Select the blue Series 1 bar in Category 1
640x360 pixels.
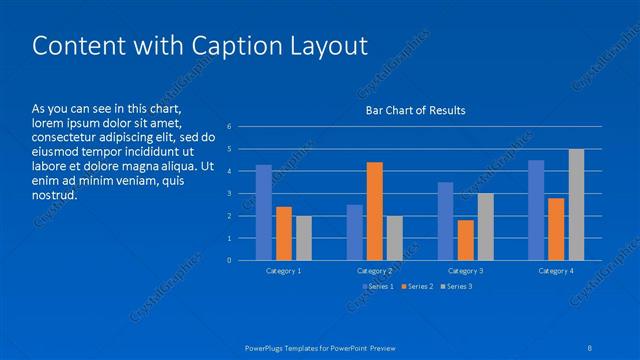[x=264, y=213]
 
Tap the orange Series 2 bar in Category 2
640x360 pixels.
[x=375, y=211]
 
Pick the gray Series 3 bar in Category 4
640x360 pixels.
[x=576, y=205]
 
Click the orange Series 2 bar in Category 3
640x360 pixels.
[x=466, y=240]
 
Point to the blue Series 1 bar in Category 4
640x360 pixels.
[x=536, y=210]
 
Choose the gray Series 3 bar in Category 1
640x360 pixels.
[x=304, y=238]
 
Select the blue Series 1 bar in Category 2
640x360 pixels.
[x=355, y=232]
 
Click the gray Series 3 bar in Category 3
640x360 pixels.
[x=486, y=227]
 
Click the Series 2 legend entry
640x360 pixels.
[x=416, y=287]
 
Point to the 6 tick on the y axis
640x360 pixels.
[x=230, y=127]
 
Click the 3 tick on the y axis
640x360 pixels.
[x=230, y=194]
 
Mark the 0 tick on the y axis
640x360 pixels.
[x=230, y=261]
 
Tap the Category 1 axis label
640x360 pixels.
[x=284, y=271]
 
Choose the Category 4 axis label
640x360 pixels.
[x=556, y=271]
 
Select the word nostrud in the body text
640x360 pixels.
[x=55, y=195]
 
